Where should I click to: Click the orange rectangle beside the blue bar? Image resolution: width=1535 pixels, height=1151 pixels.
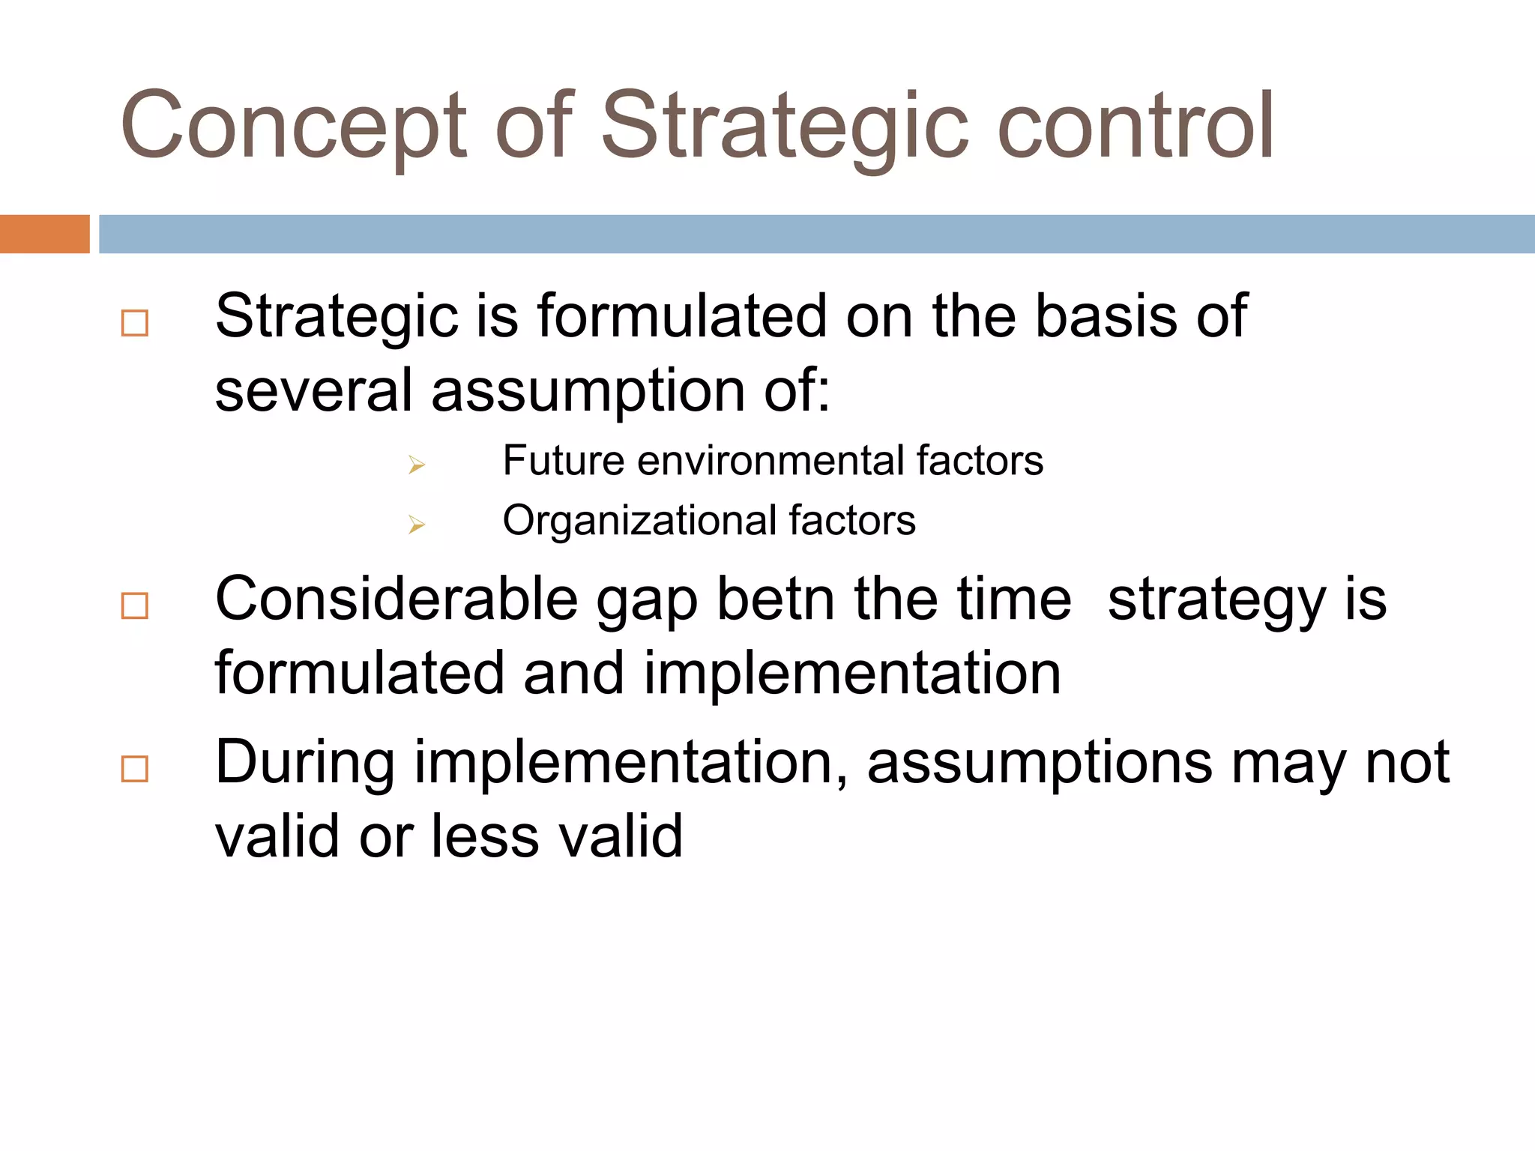44,234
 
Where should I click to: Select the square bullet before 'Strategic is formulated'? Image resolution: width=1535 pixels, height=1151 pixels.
135,324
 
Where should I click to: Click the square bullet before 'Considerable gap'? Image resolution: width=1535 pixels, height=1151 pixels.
135,605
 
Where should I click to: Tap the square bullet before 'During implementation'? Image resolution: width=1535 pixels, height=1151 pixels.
135,769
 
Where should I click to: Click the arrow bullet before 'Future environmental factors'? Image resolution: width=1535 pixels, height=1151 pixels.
417,465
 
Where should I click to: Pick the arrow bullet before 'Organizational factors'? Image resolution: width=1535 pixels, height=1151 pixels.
417,525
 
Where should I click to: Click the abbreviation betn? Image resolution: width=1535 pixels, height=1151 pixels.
776,599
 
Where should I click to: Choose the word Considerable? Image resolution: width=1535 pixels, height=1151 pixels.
396,599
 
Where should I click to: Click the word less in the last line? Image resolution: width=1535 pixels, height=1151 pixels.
484,836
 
